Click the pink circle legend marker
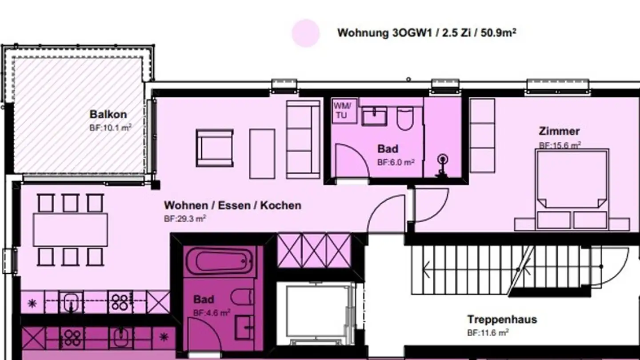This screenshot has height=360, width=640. (x=306, y=33)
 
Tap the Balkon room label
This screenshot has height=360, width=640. (x=108, y=114)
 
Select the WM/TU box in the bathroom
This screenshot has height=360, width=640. (x=345, y=110)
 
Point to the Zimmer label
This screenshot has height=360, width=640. (x=559, y=131)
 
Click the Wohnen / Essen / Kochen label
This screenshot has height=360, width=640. (x=232, y=205)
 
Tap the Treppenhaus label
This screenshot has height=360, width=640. (x=502, y=319)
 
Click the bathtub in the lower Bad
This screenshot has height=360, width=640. (x=220, y=261)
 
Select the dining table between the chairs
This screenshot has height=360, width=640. (x=70, y=229)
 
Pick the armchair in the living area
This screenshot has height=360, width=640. (x=214, y=148)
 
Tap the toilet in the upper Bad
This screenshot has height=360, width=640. (x=404, y=118)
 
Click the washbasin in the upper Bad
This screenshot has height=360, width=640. (x=374, y=116)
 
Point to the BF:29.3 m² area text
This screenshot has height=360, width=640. (x=184, y=218)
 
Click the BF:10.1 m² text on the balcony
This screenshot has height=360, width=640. (x=110, y=128)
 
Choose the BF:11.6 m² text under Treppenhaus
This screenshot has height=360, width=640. (x=488, y=332)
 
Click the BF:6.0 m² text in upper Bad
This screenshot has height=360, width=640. (x=396, y=162)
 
